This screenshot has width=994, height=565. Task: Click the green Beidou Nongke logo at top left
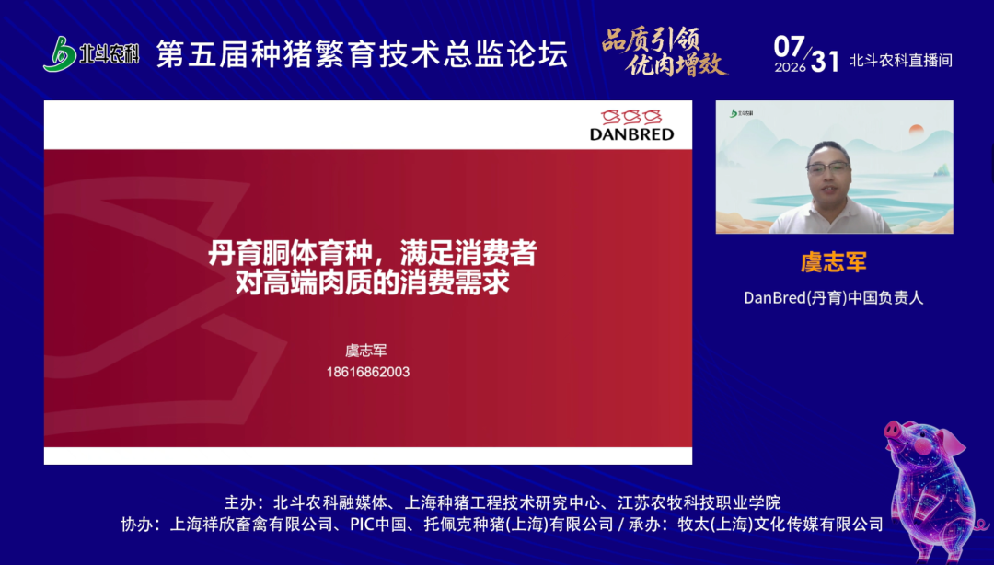[x=91, y=54]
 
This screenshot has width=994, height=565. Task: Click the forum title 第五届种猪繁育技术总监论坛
[x=362, y=54]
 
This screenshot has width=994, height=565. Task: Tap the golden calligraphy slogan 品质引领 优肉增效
[x=664, y=52]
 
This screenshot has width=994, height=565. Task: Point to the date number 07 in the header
[x=790, y=46]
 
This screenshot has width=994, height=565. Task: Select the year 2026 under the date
[x=790, y=67]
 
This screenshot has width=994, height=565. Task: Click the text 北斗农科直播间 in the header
[x=901, y=61]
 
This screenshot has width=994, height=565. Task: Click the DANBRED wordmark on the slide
[x=631, y=133]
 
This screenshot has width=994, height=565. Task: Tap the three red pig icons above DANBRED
[x=631, y=117]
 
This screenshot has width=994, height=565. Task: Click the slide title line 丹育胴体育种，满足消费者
[x=373, y=254]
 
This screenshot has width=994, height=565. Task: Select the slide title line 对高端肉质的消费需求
[x=373, y=282]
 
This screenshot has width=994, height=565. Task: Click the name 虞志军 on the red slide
[x=365, y=351]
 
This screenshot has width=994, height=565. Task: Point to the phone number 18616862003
[x=367, y=373]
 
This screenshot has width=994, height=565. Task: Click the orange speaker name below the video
[x=834, y=262]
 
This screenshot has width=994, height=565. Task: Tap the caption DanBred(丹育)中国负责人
[x=834, y=297]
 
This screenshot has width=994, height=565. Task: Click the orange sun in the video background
[x=917, y=130]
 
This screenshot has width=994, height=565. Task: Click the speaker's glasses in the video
[x=828, y=168]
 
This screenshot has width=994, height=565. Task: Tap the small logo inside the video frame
[x=742, y=113]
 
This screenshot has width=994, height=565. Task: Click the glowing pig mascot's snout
[x=893, y=432]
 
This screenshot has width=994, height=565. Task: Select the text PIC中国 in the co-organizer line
[x=378, y=525]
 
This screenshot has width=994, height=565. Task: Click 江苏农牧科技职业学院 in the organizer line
[x=699, y=502]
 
